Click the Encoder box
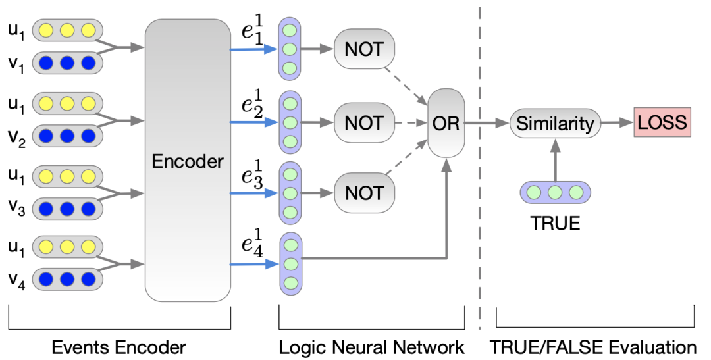pyautogui.click(x=188, y=161)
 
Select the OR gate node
pyautogui.click(x=446, y=123)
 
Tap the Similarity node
pyautogui.click(x=555, y=123)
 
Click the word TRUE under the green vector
pyautogui.click(x=555, y=223)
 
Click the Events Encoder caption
pyautogui.click(x=119, y=346)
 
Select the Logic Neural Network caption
pyautogui.click(x=372, y=346)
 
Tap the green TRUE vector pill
pyautogui.click(x=555, y=192)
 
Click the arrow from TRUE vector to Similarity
pyautogui.click(x=555, y=158)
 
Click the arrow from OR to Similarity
pyautogui.click(x=488, y=123)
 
